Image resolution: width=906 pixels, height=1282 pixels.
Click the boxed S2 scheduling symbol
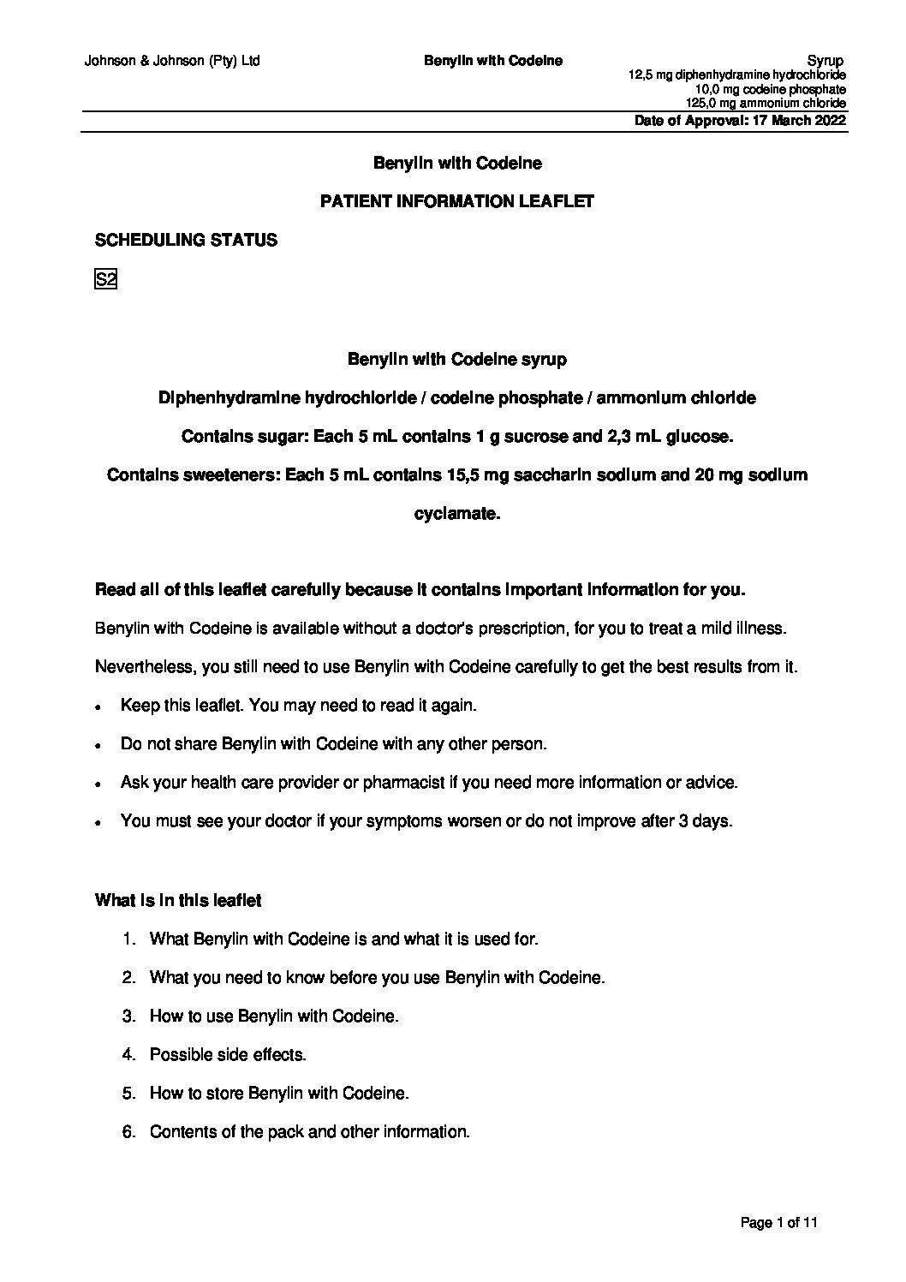104,280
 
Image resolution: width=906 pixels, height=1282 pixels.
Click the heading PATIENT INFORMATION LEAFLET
456,202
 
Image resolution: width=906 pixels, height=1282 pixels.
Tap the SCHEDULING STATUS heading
186,241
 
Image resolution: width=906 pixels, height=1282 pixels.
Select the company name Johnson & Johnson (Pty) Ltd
172,61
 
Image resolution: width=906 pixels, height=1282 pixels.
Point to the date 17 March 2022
798,121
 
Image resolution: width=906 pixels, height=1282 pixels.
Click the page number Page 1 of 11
779,1223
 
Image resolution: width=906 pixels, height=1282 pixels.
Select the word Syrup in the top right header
826,61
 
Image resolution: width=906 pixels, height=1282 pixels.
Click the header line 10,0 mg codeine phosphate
771,90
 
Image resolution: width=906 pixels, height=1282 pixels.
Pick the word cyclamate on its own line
456,514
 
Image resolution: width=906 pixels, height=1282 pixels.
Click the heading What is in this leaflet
178,900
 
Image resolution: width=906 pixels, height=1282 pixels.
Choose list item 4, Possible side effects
227,1054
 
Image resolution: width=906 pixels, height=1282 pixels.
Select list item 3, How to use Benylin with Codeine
274,1016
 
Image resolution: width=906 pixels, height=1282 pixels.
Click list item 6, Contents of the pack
309,1131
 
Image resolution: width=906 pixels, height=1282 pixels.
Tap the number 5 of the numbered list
129,1093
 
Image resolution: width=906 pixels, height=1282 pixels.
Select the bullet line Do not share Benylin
333,744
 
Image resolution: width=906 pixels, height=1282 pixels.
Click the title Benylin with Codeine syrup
456,360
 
